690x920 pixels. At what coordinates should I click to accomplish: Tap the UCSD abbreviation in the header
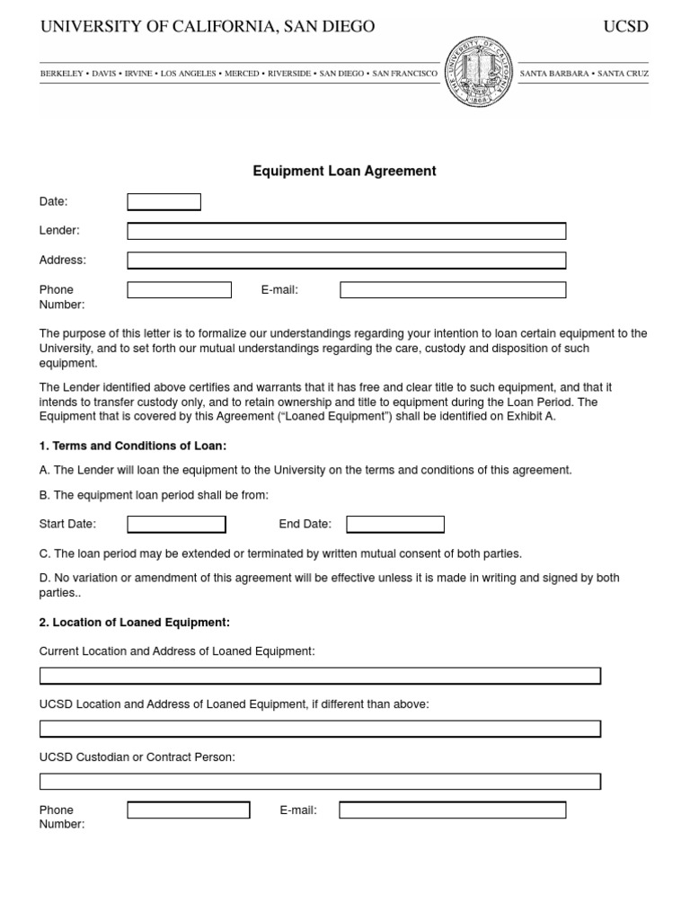625,27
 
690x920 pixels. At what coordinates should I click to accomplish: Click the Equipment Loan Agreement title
345,171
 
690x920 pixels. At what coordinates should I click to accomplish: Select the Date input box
164,202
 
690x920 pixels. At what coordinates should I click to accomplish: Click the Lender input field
346,231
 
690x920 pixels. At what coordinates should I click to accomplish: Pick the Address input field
346,261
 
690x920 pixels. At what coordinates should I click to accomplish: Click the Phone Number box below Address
179,290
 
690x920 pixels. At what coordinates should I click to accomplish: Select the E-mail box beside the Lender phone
453,290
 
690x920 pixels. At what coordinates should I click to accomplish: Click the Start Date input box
176,524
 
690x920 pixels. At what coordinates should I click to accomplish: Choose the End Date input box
395,524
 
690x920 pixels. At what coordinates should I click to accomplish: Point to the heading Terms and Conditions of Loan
133,446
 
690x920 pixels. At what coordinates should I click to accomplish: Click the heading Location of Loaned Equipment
135,622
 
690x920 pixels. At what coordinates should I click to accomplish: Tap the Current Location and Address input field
320,676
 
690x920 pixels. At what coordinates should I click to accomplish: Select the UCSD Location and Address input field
320,729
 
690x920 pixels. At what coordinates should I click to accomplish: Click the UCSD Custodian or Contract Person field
320,782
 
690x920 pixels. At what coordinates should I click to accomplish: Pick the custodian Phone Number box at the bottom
188,810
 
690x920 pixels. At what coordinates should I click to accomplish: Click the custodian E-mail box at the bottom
452,810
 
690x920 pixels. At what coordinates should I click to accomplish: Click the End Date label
305,524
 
